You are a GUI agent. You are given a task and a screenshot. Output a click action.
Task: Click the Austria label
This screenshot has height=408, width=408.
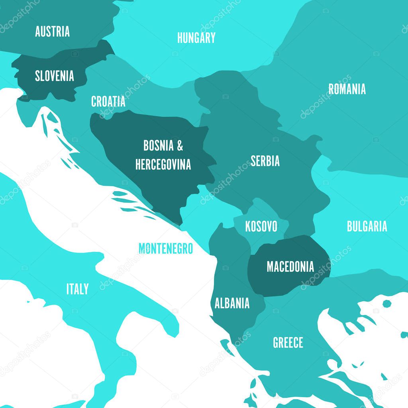pyautogui.click(x=52, y=31)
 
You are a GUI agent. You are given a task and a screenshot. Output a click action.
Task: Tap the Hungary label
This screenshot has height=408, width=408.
pyautogui.click(x=196, y=38)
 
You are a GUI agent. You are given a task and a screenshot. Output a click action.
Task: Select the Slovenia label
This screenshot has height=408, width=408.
pyautogui.click(x=54, y=76)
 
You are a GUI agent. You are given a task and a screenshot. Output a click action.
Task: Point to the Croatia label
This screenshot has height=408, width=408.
pyautogui.click(x=108, y=102)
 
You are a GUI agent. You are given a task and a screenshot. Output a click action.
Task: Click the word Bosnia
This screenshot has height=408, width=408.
pyautogui.click(x=158, y=146)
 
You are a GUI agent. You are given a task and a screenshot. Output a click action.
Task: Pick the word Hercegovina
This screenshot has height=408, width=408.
pyautogui.click(x=163, y=164)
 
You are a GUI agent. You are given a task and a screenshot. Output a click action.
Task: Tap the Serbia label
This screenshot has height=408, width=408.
pyautogui.click(x=265, y=161)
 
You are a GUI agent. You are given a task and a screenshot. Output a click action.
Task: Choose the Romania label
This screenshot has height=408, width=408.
pyautogui.click(x=347, y=89)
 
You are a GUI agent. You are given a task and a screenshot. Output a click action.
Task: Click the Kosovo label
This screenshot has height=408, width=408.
pyautogui.click(x=261, y=227)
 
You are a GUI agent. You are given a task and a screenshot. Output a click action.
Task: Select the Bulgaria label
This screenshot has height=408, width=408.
pyautogui.click(x=367, y=226)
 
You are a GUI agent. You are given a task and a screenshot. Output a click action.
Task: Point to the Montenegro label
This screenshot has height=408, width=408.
pyautogui.click(x=165, y=249)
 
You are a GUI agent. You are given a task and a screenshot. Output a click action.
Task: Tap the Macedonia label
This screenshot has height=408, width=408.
pyautogui.click(x=290, y=267)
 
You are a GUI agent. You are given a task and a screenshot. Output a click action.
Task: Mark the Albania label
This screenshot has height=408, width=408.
pyautogui.click(x=232, y=303)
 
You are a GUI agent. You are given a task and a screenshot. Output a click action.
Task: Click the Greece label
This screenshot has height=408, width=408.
pyautogui.click(x=288, y=343)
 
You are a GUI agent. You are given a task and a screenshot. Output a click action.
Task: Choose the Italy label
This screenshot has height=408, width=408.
pyautogui.click(x=77, y=289)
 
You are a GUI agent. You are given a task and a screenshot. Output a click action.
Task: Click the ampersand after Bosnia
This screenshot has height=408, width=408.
pyautogui.click(x=180, y=146)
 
